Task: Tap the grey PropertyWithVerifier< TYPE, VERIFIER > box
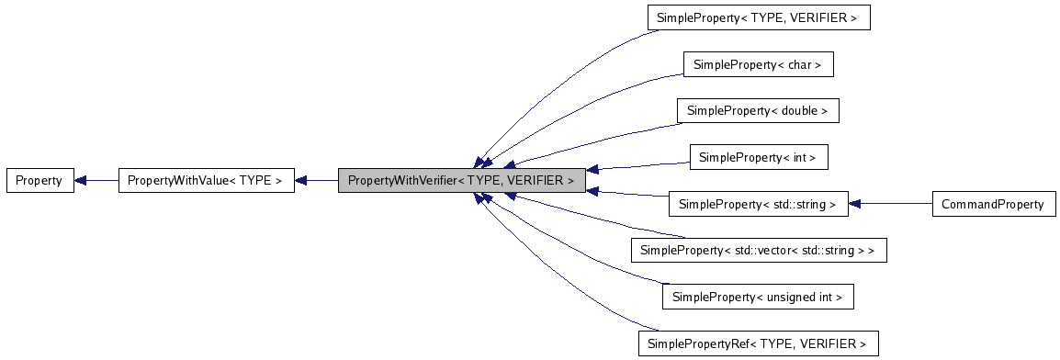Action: click(460, 181)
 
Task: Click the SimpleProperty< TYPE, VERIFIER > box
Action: click(758, 18)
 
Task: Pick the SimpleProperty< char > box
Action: click(758, 64)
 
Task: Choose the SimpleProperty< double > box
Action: click(758, 111)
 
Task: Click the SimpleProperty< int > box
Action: click(758, 158)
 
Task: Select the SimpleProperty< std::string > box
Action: click(758, 204)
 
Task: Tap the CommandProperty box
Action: click(992, 204)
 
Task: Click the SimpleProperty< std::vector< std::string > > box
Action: click(758, 251)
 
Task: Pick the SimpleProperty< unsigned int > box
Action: click(758, 297)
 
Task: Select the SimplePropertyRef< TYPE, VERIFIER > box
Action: click(758, 343)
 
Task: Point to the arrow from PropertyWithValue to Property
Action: click(96, 181)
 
